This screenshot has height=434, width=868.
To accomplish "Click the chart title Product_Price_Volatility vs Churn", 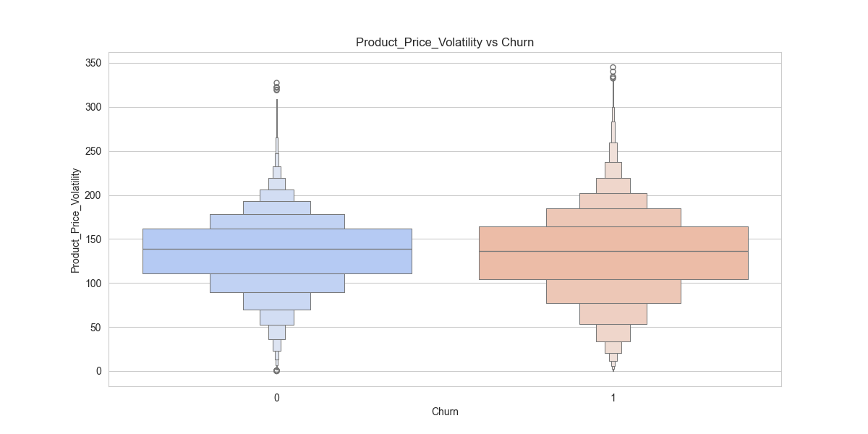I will pyautogui.click(x=444, y=43).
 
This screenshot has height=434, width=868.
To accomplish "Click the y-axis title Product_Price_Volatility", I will pyautogui.click(x=75, y=220).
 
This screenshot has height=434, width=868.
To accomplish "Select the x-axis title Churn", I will pyautogui.click(x=445, y=412).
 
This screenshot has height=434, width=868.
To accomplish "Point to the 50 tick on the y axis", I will pyautogui.click(x=94, y=328).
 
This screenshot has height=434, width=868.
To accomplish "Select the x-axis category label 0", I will pyautogui.click(x=277, y=398).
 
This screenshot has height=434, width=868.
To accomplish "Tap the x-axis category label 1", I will pyautogui.click(x=613, y=398).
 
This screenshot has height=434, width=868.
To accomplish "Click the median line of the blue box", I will pyautogui.click(x=277, y=250).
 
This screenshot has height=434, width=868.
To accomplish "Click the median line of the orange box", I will pyautogui.click(x=613, y=252).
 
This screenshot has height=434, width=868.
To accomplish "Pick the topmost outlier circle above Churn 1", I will pyautogui.click(x=613, y=68).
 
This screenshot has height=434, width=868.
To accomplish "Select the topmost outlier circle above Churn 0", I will pyautogui.click(x=276, y=83).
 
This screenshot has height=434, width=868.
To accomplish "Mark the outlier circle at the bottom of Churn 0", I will pyautogui.click(x=276, y=370).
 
